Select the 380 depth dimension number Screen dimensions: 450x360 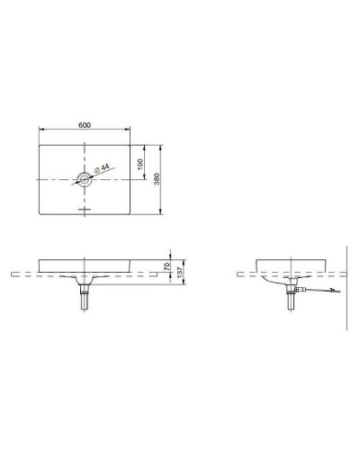[157, 180]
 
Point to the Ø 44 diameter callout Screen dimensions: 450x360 [103, 168]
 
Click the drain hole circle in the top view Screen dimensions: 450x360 [85, 180]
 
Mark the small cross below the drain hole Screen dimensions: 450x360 [85, 210]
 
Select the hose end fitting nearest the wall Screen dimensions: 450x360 [336, 290]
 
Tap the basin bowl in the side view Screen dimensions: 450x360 [289, 268]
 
